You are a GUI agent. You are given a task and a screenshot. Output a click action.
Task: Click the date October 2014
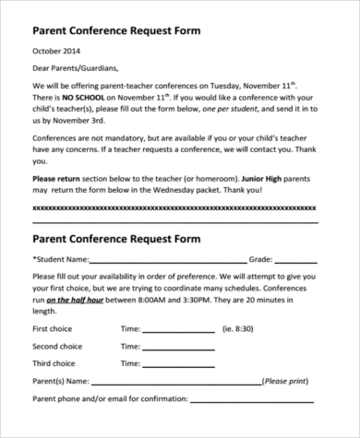57,51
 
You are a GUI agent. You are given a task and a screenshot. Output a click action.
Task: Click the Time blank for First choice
177,330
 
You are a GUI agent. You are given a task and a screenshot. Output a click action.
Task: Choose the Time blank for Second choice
177,348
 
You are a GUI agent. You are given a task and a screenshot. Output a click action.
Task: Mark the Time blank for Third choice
177,364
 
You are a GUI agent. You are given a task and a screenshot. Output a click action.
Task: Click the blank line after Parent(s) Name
175,382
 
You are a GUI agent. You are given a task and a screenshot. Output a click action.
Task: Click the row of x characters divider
175,207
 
